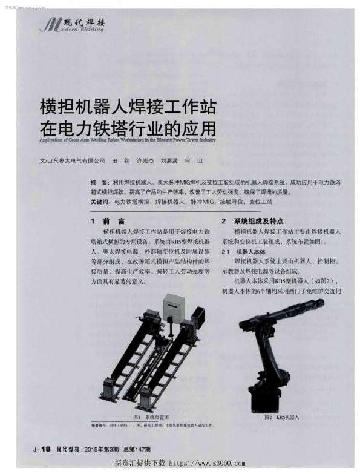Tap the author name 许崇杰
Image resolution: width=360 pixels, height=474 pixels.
click(x=147, y=162)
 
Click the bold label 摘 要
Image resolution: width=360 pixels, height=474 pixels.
click(x=99, y=182)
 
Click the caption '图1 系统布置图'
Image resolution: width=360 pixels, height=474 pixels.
click(x=151, y=417)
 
